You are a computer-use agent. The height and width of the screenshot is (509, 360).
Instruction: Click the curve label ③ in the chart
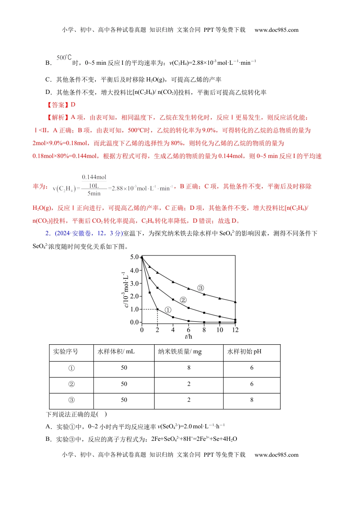click(201, 288)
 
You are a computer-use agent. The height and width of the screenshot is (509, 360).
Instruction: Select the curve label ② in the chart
click(183, 300)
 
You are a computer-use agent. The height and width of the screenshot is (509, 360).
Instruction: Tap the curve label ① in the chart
click(168, 310)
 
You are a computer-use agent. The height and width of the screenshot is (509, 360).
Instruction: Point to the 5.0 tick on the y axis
click(135, 257)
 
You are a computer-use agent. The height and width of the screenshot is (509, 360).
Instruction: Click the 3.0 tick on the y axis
click(135, 283)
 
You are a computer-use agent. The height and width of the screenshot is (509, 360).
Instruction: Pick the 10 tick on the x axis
click(220, 330)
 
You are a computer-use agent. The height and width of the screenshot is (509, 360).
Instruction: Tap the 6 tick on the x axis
click(188, 330)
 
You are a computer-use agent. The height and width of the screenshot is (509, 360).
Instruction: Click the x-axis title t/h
click(188, 336)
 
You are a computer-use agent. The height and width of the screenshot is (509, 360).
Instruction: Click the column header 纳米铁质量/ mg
click(180, 352)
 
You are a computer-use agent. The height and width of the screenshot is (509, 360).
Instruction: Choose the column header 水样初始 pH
click(244, 352)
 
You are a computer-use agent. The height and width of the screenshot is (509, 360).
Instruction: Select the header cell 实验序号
click(66, 352)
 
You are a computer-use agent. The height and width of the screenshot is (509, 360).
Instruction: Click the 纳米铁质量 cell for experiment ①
click(189, 368)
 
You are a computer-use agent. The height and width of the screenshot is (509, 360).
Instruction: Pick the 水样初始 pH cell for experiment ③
click(252, 400)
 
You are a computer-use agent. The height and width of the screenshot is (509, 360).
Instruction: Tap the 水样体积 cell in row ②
click(124, 384)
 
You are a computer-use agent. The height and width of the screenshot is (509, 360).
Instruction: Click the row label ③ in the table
click(71, 400)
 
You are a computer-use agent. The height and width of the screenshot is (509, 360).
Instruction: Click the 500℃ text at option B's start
click(64, 58)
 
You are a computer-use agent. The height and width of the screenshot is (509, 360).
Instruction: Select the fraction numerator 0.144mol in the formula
click(94, 177)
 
